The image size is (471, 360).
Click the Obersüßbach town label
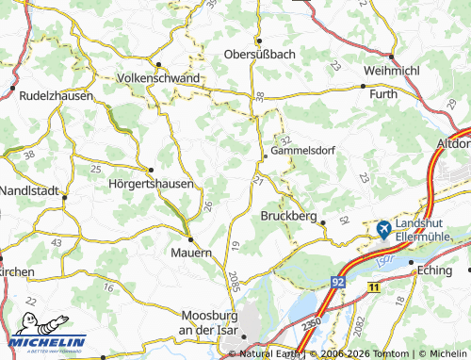coord(260,54)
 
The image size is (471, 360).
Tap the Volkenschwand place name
coord(159,78)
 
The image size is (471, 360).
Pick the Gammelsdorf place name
coord(303,150)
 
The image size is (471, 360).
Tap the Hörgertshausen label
coord(151,184)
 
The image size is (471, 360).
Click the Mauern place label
coord(190,253)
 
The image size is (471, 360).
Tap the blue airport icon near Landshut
coord(384,228)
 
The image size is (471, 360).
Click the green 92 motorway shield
coord(337,281)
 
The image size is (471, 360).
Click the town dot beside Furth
coord(364,86)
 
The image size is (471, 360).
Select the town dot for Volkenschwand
coord(159,65)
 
